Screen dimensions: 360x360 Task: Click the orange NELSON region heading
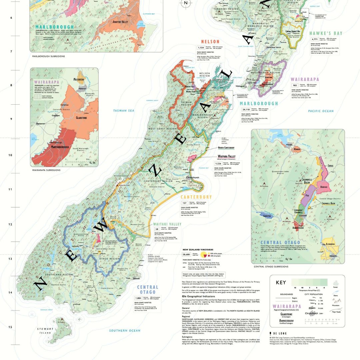click(x=210, y=42)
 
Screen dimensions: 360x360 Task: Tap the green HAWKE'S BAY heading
click(x=326, y=33)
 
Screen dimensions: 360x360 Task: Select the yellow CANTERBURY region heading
click(x=196, y=197)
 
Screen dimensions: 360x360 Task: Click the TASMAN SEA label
click(x=123, y=111)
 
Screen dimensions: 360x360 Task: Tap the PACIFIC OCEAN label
click(x=321, y=111)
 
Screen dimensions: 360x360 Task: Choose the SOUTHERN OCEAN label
click(x=125, y=330)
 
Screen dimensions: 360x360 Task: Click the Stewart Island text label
click(x=44, y=331)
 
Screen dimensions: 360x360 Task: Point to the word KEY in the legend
click(x=281, y=283)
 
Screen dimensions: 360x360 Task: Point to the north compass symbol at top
click(x=186, y=3)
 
